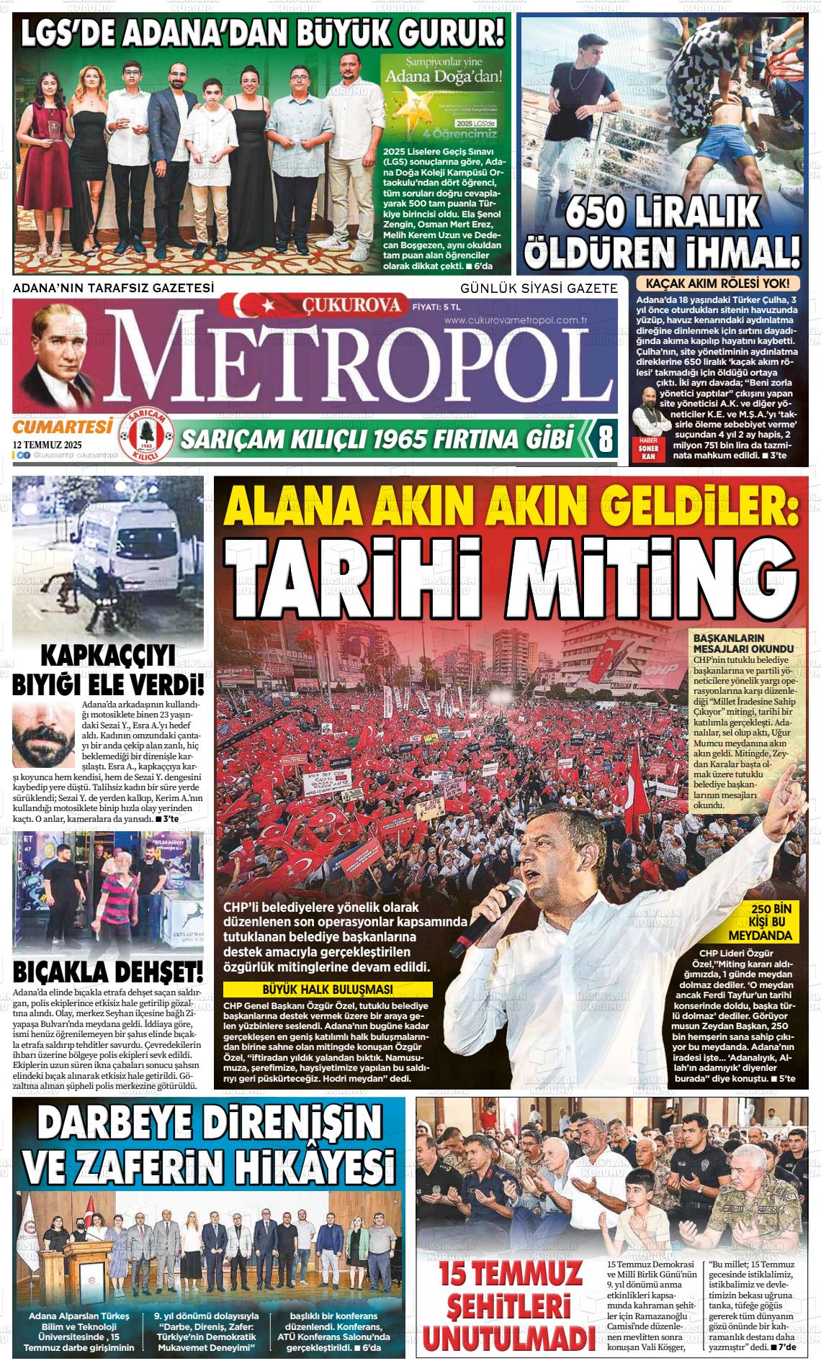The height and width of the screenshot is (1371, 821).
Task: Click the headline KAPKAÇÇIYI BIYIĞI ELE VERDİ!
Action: [108, 669]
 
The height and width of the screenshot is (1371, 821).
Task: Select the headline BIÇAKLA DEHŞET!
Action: [108, 973]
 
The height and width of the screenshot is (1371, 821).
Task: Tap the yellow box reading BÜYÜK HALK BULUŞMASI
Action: [328, 989]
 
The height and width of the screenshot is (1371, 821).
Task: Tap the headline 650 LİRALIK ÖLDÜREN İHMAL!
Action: [663, 230]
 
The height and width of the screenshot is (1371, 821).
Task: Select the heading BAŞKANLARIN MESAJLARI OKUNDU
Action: [728, 643]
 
